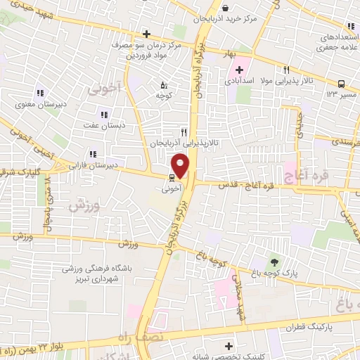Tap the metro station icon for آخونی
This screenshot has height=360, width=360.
pyautogui.click(x=171, y=179)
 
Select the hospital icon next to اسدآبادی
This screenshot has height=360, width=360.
pyautogui.click(x=240, y=70)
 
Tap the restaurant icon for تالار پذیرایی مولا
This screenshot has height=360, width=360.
pyautogui.click(x=286, y=70)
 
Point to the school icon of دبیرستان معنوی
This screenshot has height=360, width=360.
pyautogui.click(x=39, y=93)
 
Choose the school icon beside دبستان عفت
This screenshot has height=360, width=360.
pyautogui.click(x=104, y=115)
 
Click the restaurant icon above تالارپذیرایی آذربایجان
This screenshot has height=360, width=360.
pyautogui.click(x=184, y=131)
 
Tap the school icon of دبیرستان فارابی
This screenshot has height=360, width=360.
pyautogui.click(x=93, y=154)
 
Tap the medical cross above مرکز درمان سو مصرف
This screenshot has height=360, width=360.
pyautogui.click(x=146, y=34)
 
